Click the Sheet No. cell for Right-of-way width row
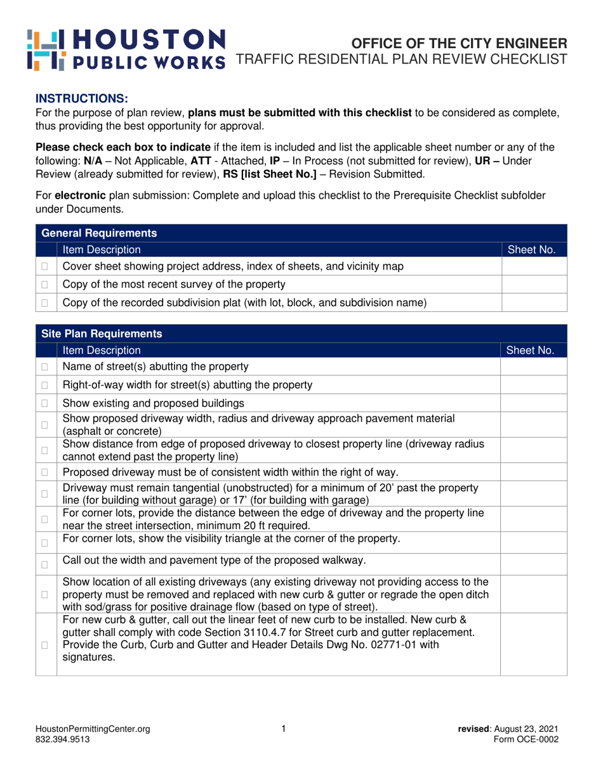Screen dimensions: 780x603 [x=533, y=384]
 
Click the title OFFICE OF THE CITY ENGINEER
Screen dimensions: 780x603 [x=459, y=44]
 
